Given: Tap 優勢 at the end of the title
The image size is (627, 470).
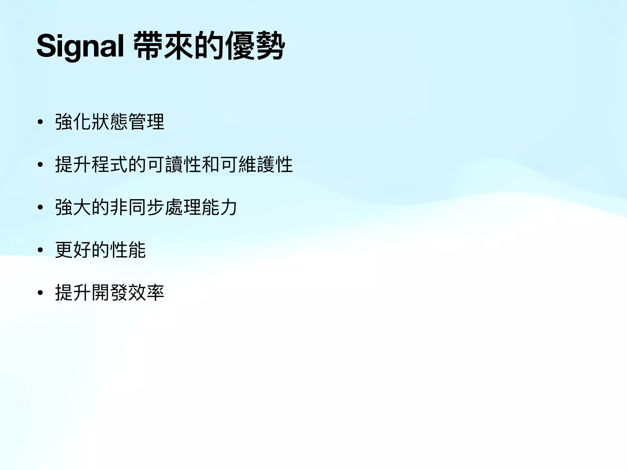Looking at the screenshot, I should click(255, 46).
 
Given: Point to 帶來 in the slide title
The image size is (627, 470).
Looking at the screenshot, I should click(163, 46).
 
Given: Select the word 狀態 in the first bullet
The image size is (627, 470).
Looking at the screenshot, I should click(110, 122).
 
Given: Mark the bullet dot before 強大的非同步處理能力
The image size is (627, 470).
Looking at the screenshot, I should click(40, 208).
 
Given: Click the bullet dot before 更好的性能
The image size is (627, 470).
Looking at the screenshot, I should click(40, 250).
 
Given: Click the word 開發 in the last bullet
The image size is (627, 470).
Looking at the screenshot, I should click(110, 293).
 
